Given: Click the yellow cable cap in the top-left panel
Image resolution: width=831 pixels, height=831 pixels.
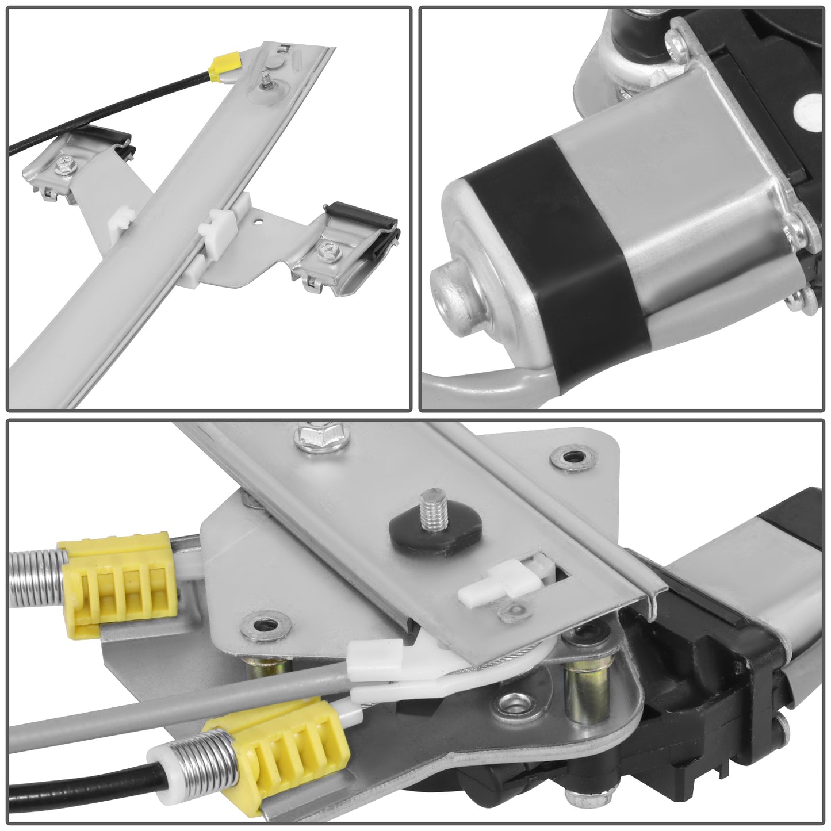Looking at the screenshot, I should coord(225,65).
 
